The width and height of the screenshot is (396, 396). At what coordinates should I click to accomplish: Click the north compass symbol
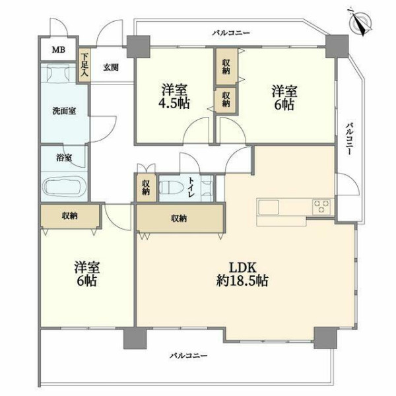tap(360, 23)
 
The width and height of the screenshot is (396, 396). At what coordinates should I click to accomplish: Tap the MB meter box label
tap(59, 49)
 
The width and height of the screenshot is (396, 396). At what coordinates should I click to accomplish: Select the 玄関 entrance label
tap(111, 67)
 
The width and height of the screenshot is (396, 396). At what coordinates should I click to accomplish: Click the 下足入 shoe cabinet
tap(84, 65)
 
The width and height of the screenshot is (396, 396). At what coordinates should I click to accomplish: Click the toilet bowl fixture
tap(169, 188)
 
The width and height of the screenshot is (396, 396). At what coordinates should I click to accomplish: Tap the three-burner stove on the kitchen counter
tap(321, 207)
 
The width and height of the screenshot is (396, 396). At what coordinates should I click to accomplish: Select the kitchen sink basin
tap(268, 207)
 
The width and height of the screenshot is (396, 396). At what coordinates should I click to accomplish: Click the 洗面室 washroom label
tap(64, 111)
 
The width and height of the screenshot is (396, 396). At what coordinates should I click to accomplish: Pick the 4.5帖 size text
tap(174, 103)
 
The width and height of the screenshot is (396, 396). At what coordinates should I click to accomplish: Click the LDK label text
tap(242, 268)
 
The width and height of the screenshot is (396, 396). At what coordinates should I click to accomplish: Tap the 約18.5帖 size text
tap(242, 280)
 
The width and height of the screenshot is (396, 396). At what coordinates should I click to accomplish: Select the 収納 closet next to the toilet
tap(145, 187)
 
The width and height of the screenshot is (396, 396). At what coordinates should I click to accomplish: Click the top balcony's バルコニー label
tap(231, 33)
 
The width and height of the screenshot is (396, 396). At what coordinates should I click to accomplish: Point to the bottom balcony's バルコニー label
tap(188, 356)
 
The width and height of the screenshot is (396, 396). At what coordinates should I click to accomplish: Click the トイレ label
tap(191, 187)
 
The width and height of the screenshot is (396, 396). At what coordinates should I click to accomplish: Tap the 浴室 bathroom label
tap(64, 158)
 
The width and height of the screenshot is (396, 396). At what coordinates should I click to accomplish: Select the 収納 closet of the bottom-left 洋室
tap(70, 216)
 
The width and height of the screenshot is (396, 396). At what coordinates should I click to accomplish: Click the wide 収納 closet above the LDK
tap(180, 218)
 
